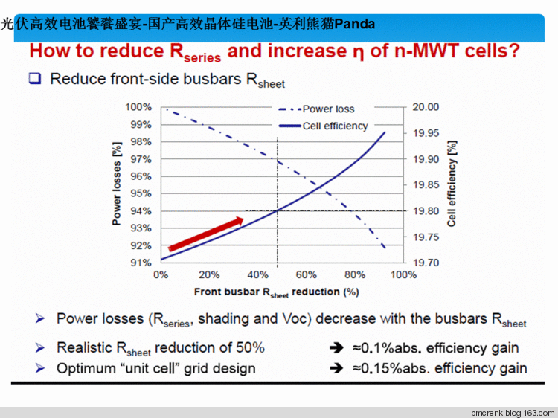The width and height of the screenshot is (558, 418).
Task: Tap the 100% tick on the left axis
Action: (139, 107)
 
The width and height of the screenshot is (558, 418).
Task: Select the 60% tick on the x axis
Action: (307, 274)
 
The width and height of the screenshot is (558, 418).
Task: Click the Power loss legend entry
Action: (328, 109)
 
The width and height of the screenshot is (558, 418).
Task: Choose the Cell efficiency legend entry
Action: (335, 126)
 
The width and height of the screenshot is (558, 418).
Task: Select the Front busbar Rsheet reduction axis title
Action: (277, 292)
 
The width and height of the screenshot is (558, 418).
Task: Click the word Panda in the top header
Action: (354, 24)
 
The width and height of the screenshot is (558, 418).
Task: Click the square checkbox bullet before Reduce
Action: (34, 77)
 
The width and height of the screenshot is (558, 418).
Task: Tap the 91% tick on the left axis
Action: (141, 263)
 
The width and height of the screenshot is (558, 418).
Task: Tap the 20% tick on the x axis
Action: (209, 274)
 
